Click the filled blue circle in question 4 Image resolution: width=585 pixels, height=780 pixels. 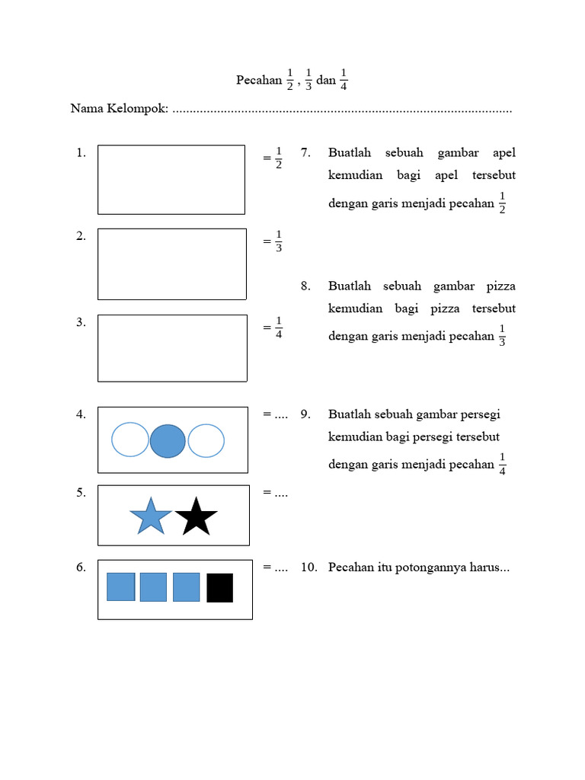click(168, 441)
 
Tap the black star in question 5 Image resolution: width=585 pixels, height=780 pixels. click(196, 516)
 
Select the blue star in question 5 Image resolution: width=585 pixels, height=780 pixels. click(151, 516)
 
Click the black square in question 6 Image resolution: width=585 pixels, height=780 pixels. click(219, 587)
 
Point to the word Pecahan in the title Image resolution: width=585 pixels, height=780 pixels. click(258, 80)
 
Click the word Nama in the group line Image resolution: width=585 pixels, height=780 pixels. click(86, 109)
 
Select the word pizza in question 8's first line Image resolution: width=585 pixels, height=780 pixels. click(499, 286)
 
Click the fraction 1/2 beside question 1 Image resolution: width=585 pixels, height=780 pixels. click(279, 158)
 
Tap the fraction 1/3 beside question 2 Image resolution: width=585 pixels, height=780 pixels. click(279, 241)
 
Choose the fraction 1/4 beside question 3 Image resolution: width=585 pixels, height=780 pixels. click(279, 327)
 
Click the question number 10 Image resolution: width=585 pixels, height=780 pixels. click(308, 567)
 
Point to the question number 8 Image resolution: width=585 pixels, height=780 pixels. click(305, 286)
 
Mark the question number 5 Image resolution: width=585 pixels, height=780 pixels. click(81, 492)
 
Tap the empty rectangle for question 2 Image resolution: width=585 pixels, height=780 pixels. click(171, 264)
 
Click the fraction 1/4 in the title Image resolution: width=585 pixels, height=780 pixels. click(344, 80)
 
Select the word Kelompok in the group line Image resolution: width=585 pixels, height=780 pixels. click(136, 109)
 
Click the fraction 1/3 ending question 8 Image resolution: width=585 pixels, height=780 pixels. click(502, 335)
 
